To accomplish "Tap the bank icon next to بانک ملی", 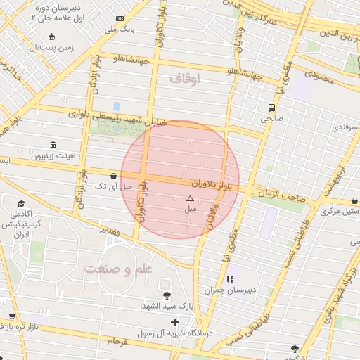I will coord(120,18).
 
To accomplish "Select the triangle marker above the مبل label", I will coord(189,199).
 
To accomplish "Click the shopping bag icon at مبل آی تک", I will coord(114,175).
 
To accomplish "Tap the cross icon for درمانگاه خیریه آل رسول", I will coord(175,321).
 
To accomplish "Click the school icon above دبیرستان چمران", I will coord(230,279).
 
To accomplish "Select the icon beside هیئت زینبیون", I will coord(53,144).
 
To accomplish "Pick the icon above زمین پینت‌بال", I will coord(51,37).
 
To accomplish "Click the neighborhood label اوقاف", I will coord(185,79).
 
